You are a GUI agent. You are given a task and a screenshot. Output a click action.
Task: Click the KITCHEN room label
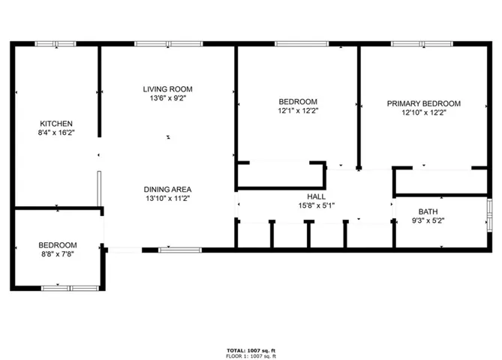click(56, 124)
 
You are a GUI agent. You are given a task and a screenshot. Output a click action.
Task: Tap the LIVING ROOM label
click(168, 89)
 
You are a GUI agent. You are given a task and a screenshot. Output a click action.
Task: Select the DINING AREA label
click(168, 190)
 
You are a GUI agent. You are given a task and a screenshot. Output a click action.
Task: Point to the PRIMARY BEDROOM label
click(424, 103)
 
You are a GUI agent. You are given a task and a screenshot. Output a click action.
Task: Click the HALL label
click(317, 196)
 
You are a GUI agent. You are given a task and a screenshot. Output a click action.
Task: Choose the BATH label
click(428, 211)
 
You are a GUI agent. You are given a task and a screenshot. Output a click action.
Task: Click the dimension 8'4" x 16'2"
click(56, 133)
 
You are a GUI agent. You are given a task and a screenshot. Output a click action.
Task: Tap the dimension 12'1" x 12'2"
click(298, 111)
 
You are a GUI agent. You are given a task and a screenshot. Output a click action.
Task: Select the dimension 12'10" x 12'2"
click(424, 112)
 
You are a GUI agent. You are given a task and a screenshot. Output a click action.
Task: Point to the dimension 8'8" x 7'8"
click(58, 254)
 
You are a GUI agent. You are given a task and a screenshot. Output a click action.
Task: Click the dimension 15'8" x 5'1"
click(317, 205)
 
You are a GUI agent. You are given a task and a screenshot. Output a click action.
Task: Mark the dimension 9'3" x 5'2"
click(428, 220)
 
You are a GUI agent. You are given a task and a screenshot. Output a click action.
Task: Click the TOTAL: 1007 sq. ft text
click(251, 351)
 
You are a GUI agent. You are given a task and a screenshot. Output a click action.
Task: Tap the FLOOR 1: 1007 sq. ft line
click(251, 355)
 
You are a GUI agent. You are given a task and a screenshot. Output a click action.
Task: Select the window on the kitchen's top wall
click(56, 43)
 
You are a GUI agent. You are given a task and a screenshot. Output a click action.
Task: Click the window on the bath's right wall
click(489, 215)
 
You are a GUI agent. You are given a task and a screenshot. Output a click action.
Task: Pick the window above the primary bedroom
click(422, 43)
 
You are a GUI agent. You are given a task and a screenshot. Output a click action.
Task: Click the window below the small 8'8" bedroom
click(71, 288)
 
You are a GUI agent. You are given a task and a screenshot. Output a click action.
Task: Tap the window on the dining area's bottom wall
click(180, 250)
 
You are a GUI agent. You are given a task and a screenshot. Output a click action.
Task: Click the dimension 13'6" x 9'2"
click(168, 98)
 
